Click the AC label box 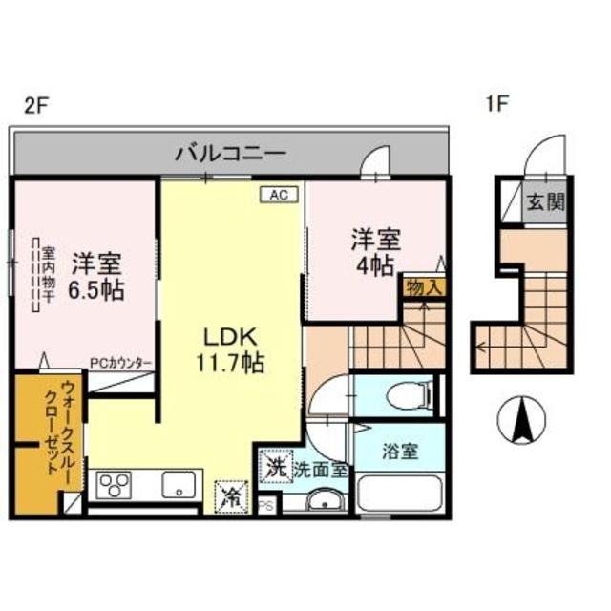click(279, 194)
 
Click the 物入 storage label click(422, 287)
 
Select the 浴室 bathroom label click(399, 452)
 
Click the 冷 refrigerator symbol click(231, 495)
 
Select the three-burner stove click(114, 484)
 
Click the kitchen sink click(179, 486)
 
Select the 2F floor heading click(35, 105)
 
